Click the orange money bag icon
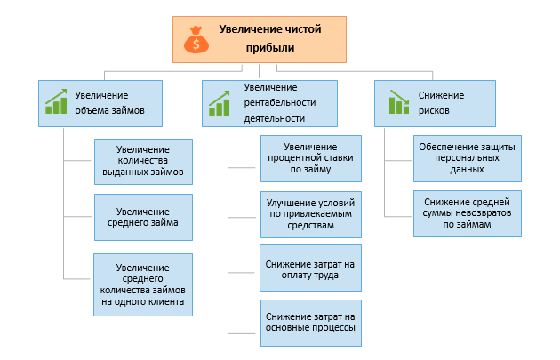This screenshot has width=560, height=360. point(196,40)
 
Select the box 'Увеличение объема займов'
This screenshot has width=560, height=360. point(100,102)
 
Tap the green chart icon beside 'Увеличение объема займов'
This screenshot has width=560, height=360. point(57,102)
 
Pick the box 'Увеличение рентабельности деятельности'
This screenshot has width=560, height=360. point(269,102)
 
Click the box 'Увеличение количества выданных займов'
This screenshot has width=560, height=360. point(143,161)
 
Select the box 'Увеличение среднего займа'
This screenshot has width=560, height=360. point(143,217)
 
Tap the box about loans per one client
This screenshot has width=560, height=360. point(143,284)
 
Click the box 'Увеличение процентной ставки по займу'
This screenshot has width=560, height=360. point(311,157)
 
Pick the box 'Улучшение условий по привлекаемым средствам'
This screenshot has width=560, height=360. point(311,214)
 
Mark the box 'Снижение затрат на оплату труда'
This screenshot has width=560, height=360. point(311,268)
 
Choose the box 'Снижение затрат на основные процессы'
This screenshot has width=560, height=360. point(311,322)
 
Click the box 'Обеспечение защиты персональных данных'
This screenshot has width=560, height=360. point(466,156)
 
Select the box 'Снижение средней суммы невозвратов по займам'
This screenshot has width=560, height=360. point(466,214)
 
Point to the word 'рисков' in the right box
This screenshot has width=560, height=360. point(434,112)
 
